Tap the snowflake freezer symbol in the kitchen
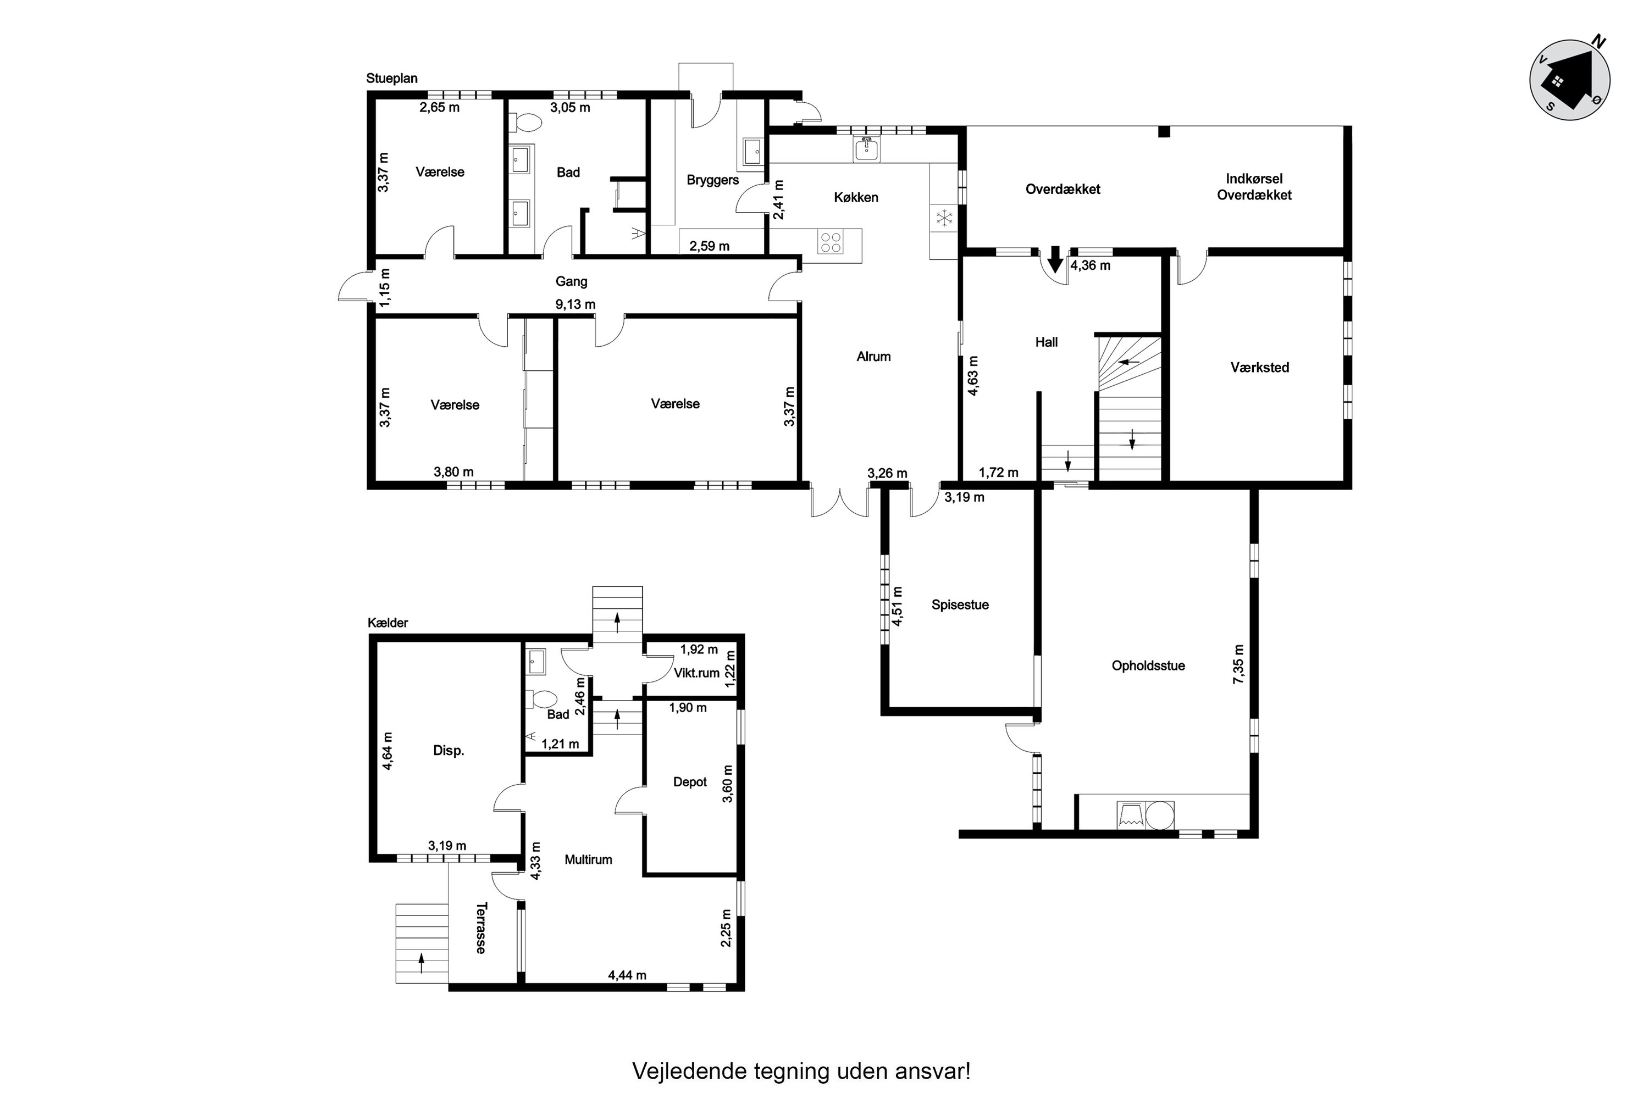point(944,218)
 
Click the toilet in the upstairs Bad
point(526,125)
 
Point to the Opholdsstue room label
point(1148,665)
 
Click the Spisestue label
point(960,604)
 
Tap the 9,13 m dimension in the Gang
point(575,304)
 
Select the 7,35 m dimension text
point(1238,664)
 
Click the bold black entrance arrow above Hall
point(1054,260)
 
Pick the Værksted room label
point(1259,367)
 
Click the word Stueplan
point(391,78)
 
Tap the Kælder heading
point(388,623)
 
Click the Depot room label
point(690,781)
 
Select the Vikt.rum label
point(697,673)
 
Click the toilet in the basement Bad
point(542,700)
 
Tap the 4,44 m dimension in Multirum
point(627,975)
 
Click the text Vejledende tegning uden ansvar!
point(801,1071)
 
